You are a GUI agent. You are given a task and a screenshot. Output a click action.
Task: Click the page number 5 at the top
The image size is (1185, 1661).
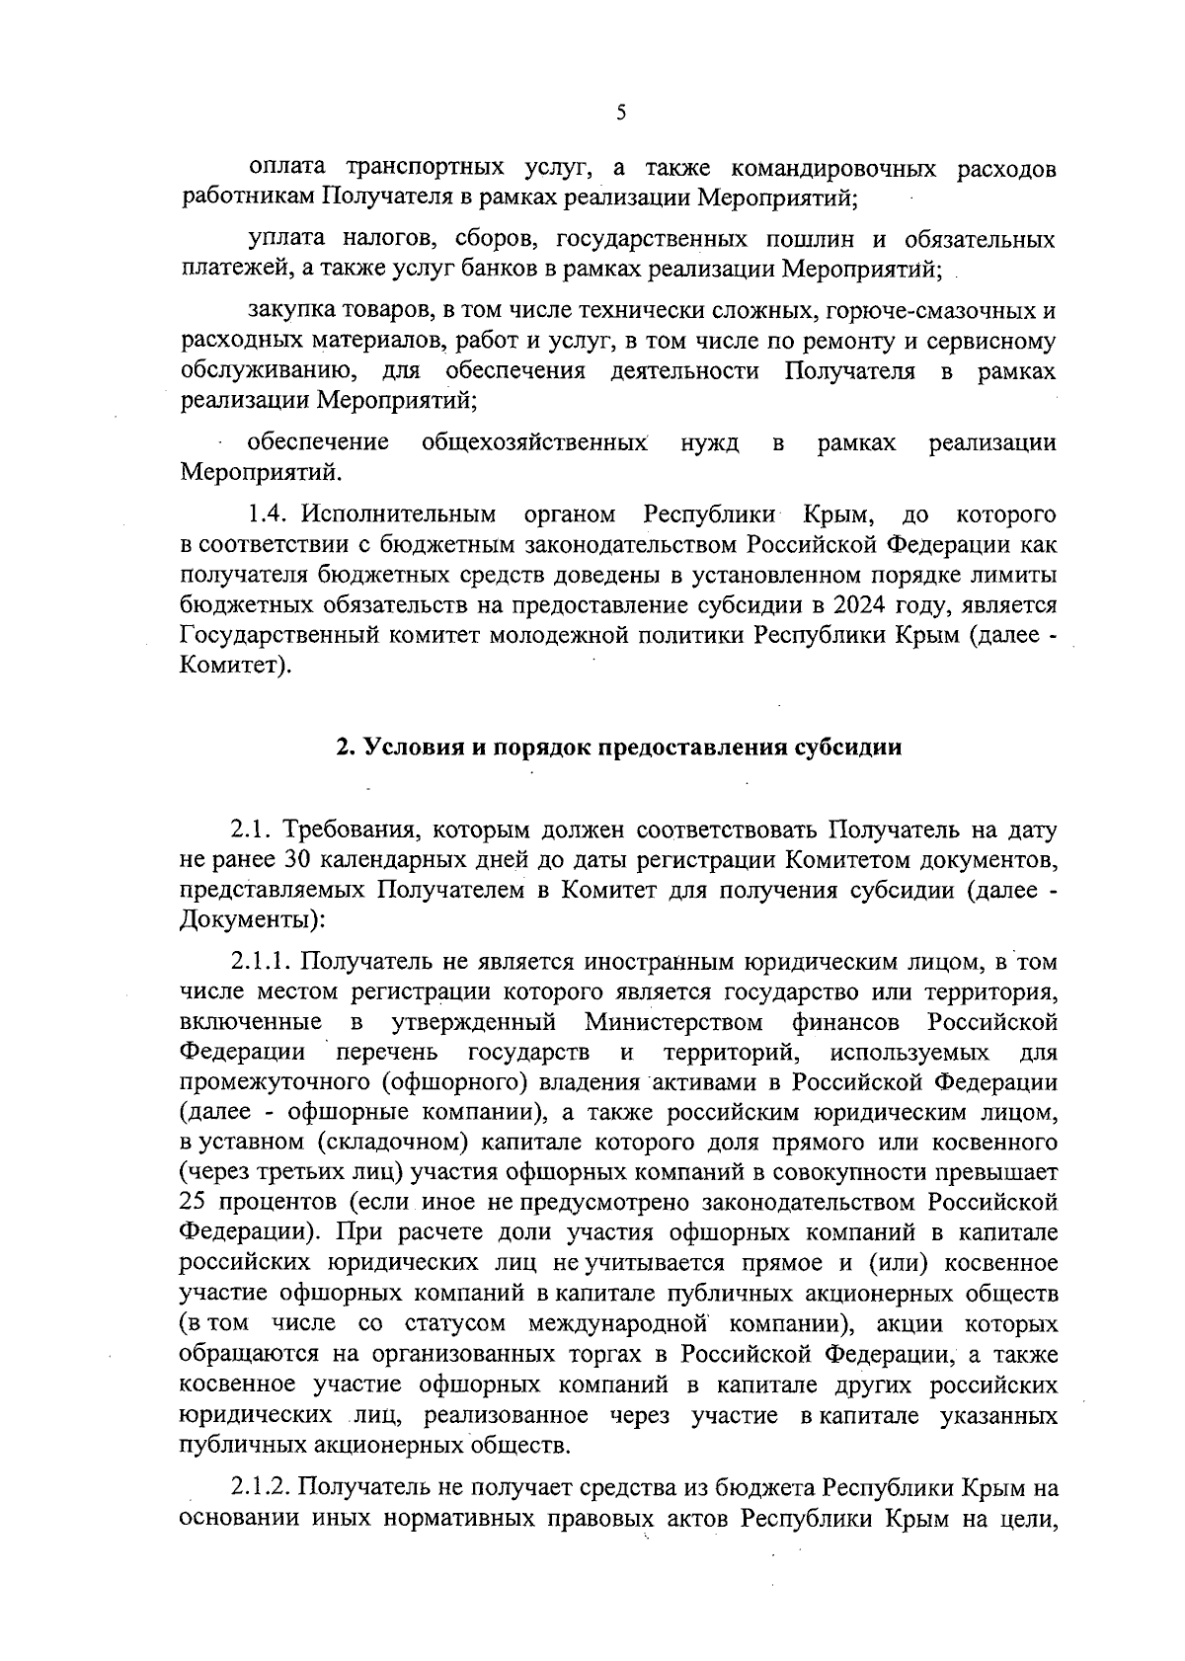[621, 113]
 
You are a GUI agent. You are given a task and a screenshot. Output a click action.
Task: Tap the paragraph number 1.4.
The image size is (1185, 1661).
[269, 514]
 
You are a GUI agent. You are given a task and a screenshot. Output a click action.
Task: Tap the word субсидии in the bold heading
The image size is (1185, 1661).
[848, 748]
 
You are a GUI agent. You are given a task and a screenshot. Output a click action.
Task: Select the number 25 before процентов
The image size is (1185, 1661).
[197, 1203]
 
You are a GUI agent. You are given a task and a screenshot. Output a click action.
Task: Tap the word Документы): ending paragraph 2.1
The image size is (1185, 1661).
[253, 920]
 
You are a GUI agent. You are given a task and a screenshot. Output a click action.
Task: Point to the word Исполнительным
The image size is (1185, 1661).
[398, 514]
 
